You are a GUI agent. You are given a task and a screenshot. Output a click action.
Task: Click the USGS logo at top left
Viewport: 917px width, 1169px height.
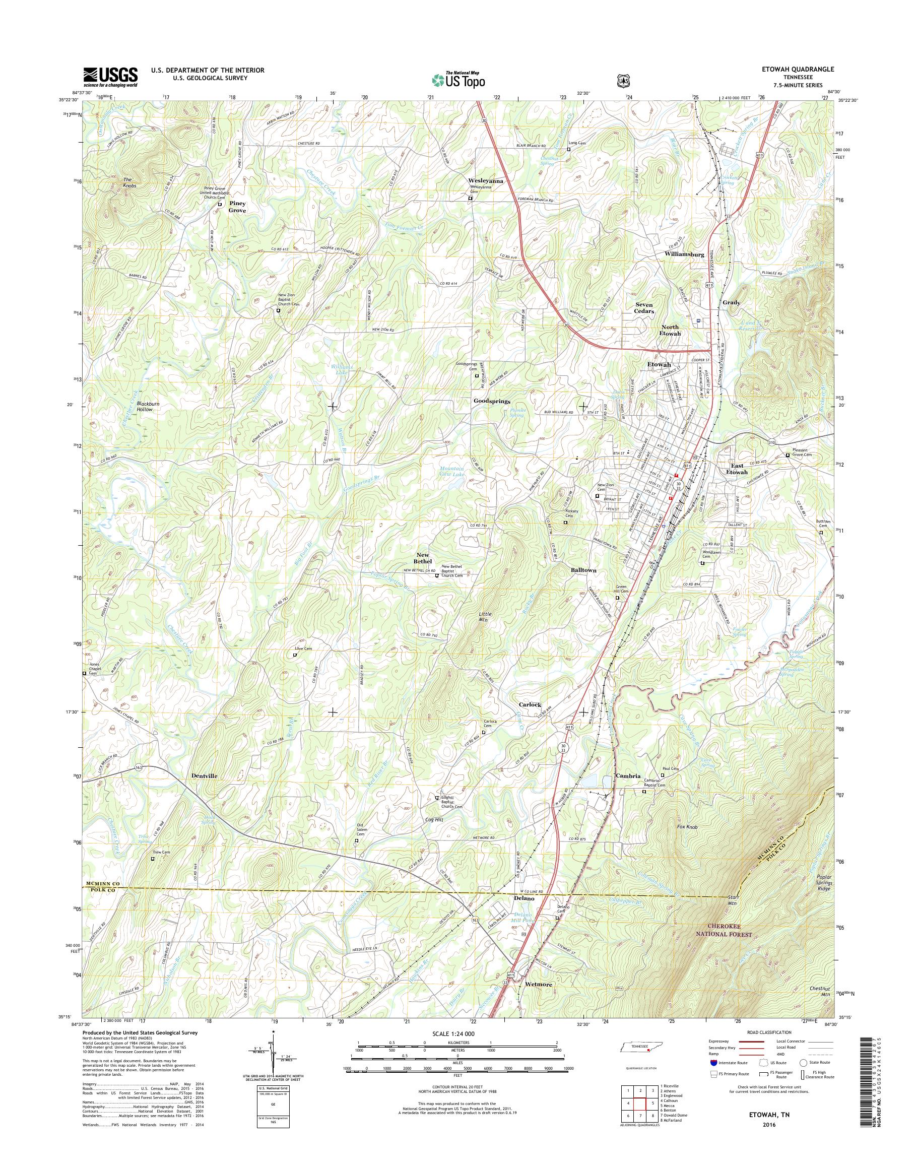110,77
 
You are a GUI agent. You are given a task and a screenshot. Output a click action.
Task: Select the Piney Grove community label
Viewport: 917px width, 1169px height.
237,207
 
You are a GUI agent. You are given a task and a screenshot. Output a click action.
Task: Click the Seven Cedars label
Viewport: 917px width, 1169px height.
644,308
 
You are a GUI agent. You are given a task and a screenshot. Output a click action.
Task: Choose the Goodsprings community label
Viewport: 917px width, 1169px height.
491,401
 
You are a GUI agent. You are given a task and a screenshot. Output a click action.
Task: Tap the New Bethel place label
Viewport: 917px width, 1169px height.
424,557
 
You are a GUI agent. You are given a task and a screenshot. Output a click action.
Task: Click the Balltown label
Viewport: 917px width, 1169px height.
583,570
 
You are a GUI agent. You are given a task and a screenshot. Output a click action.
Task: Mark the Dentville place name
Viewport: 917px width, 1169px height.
204,776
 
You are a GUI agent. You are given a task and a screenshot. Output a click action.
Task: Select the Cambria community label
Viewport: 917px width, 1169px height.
628,776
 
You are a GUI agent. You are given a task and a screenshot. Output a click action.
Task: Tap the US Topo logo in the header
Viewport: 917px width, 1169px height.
458,80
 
